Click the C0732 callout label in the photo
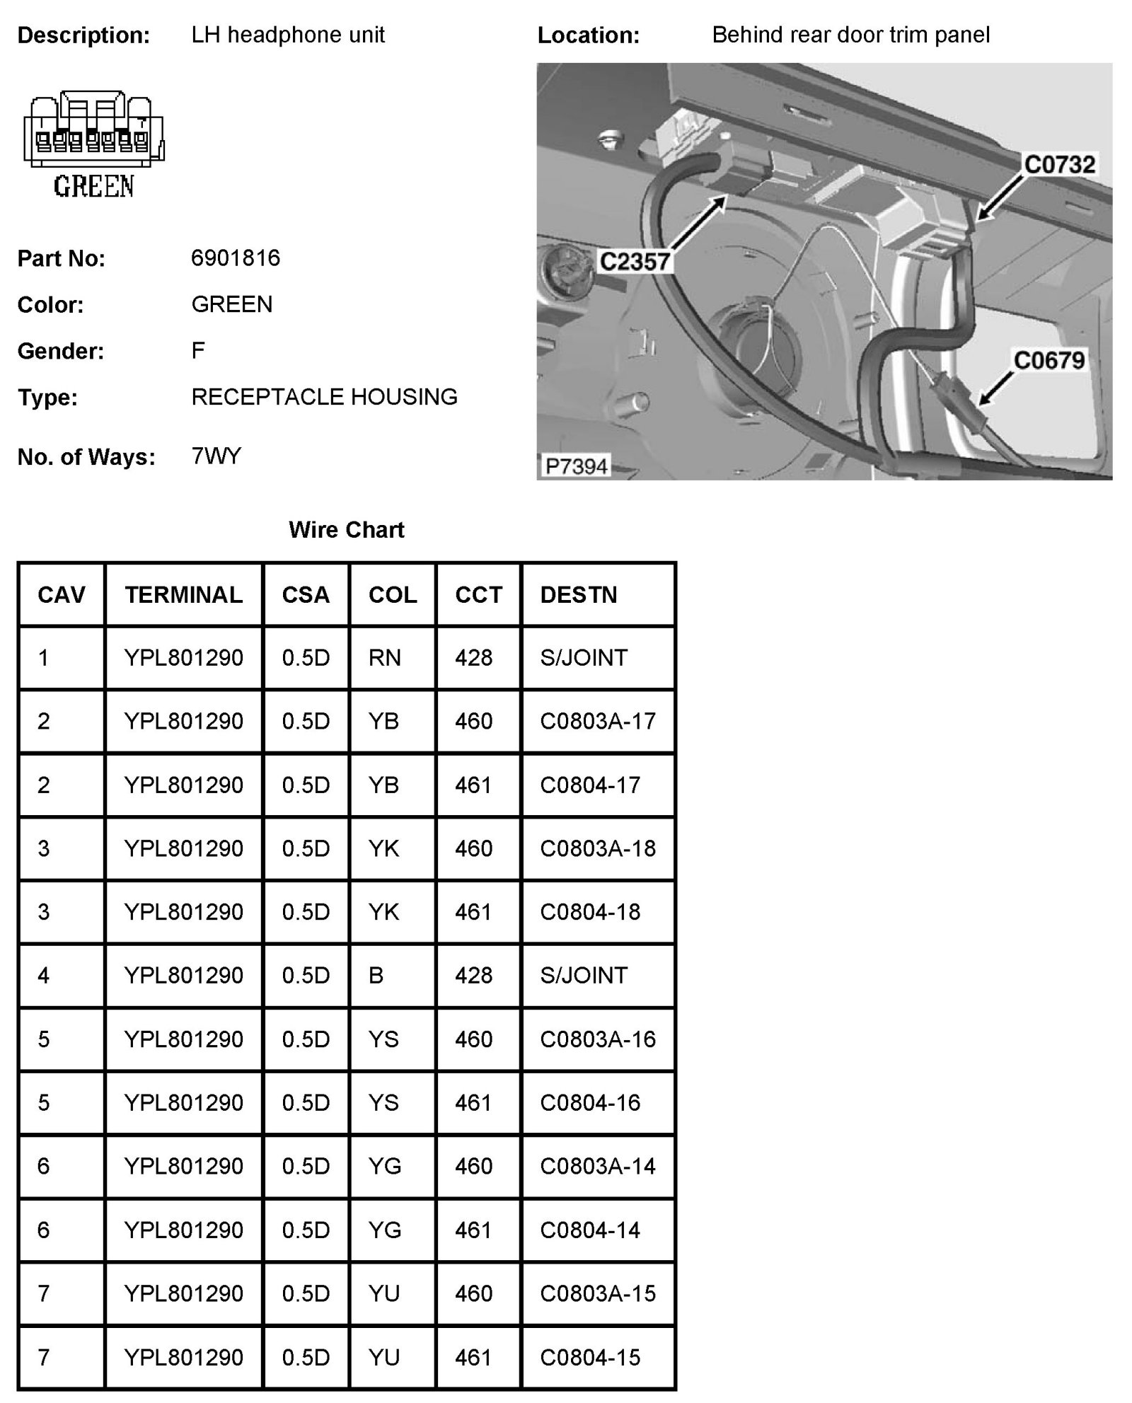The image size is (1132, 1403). tap(1059, 165)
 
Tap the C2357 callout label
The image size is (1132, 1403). tap(635, 262)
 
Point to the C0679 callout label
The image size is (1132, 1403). tap(1049, 361)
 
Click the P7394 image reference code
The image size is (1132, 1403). tap(577, 466)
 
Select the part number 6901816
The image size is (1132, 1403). tap(236, 258)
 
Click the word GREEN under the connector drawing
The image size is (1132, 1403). tap(93, 187)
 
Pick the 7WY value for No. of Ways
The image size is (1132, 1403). tap(216, 456)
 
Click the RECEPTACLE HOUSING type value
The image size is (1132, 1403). tap(324, 397)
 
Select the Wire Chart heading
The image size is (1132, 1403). tap(346, 530)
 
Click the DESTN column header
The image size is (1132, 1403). tap(578, 595)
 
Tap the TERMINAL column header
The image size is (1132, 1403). tap(183, 595)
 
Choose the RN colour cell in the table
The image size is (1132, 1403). tap(385, 658)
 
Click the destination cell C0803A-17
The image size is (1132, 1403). tap(598, 722)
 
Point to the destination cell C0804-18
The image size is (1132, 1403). tap(590, 912)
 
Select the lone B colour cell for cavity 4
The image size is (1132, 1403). tap(376, 976)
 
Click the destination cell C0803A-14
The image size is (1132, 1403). tap(598, 1166)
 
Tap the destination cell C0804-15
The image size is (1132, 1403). tap(590, 1357)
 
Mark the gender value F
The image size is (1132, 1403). tap(198, 350)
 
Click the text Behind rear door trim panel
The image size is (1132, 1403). tap(850, 35)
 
